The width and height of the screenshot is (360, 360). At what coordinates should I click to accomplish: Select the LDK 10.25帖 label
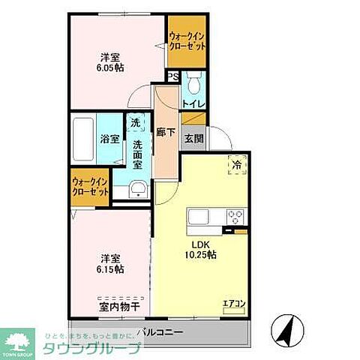pyautogui.click(x=202, y=250)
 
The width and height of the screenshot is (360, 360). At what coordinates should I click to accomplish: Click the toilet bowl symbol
pyautogui.click(x=193, y=81)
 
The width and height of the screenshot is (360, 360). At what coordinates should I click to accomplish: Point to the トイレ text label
pyautogui.click(x=193, y=103)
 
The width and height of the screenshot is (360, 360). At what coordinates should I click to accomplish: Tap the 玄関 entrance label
pyautogui.click(x=194, y=137)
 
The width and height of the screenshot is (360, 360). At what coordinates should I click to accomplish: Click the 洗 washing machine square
pyautogui.click(x=134, y=122)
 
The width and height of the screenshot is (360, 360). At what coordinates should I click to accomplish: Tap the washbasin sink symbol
pyautogui.click(x=136, y=190)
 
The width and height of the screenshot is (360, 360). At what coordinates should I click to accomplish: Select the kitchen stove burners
pyautogui.click(x=235, y=217)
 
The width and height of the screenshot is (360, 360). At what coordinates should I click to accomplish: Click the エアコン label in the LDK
pyautogui.click(x=233, y=304)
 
